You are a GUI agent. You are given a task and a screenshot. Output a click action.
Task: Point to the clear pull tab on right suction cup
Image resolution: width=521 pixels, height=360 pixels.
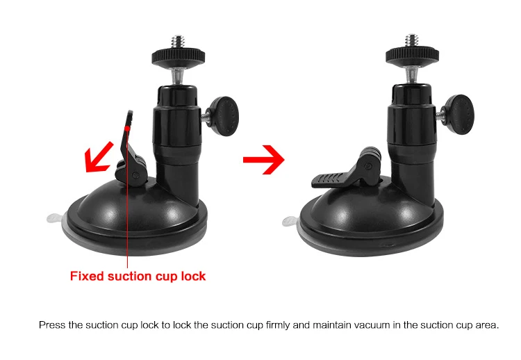(x=290, y=222)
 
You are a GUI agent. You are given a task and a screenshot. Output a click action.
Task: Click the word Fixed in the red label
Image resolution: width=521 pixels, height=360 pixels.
(x=88, y=276)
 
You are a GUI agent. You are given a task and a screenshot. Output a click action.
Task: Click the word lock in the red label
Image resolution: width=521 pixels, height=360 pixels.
(x=192, y=276)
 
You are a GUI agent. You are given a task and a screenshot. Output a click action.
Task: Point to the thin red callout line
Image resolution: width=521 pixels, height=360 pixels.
(x=129, y=229)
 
